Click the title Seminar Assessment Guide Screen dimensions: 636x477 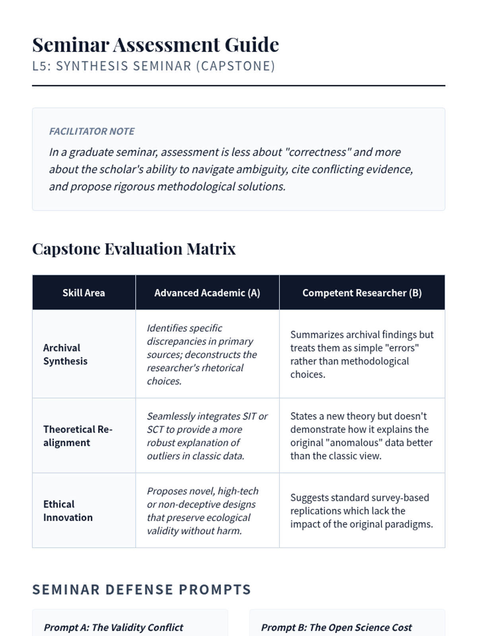pyautogui.click(x=155, y=45)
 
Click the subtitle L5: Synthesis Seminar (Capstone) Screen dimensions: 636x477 pyautogui.click(x=153, y=66)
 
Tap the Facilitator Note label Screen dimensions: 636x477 pyautogui.click(x=92, y=131)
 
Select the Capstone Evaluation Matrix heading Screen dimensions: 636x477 pyautogui.click(x=134, y=249)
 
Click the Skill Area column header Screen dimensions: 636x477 pyautogui.click(x=83, y=293)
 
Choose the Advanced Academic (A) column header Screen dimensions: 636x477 pyautogui.click(x=207, y=293)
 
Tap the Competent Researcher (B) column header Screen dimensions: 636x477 pyautogui.click(x=362, y=293)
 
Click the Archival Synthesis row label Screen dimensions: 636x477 pyautogui.click(x=65, y=354)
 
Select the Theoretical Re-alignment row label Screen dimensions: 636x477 pyautogui.click(x=78, y=436)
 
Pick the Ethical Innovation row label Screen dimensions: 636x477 pyautogui.click(x=68, y=511)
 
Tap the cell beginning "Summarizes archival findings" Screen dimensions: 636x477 pyautogui.click(x=362, y=354)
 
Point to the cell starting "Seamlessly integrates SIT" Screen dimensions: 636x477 pyautogui.click(x=207, y=436)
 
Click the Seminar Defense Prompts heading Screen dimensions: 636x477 pyautogui.click(x=142, y=589)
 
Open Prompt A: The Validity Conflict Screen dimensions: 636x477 pyautogui.click(x=114, y=627)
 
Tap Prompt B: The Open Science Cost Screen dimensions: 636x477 pyautogui.click(x=336, y=627)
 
